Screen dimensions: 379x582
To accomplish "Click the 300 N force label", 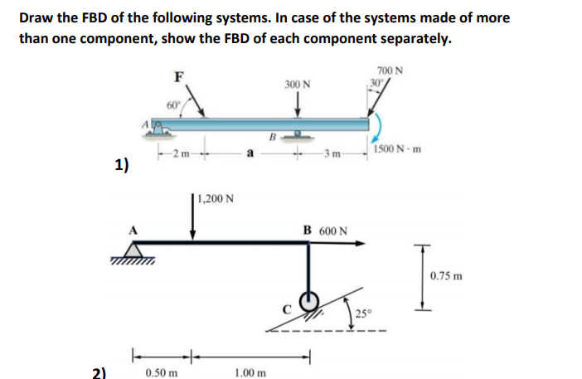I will [x=297, y=85].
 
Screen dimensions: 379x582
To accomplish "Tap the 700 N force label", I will [x=389, y=70].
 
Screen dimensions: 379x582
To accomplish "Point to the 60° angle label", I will [x=172, y=105].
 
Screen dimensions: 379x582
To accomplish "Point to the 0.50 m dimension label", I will [x=161, y=372].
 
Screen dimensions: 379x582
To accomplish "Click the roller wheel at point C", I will [x=308, y=299].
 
